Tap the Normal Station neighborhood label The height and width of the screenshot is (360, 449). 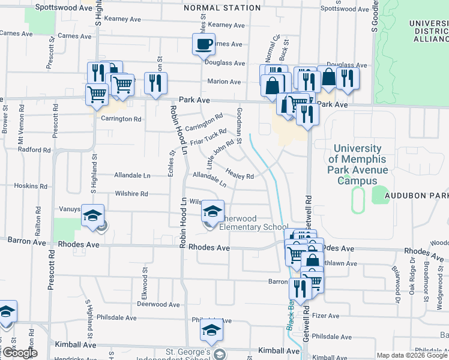click(222, 8)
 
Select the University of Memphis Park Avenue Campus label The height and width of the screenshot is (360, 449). click(358, 164)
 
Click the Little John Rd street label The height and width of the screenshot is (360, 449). click(220, 153)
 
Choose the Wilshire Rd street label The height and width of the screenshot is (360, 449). click(132, 194)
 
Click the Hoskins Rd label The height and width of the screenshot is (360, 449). click(26, 186)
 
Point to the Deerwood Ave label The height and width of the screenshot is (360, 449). click(158, 304)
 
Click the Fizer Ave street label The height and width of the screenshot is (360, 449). click(326, 316)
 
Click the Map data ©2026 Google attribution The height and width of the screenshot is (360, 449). click(412, 355)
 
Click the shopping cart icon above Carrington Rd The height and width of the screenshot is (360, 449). click(97, 94)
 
